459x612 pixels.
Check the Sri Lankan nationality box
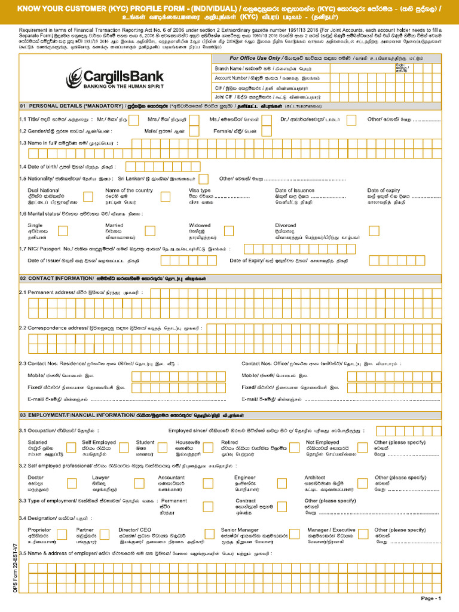click(x=203, y=179)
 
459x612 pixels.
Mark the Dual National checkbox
click(x=88, y=197)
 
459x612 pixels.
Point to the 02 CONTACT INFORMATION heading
click(x=57, y=279)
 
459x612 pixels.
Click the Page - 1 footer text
click(x=430, y=598)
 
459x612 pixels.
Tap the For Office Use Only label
click(x=255, y=59)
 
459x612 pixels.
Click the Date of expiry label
click(x=384, y=191)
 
